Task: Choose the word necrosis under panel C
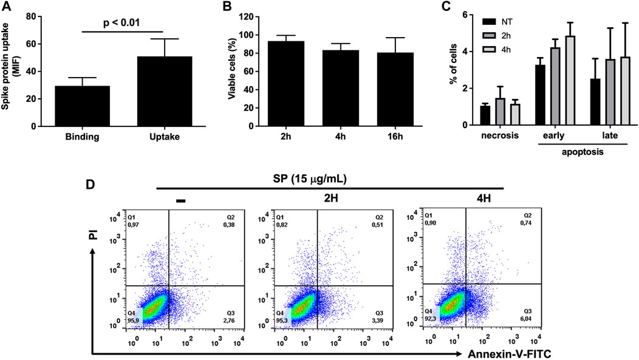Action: point(499,136)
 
